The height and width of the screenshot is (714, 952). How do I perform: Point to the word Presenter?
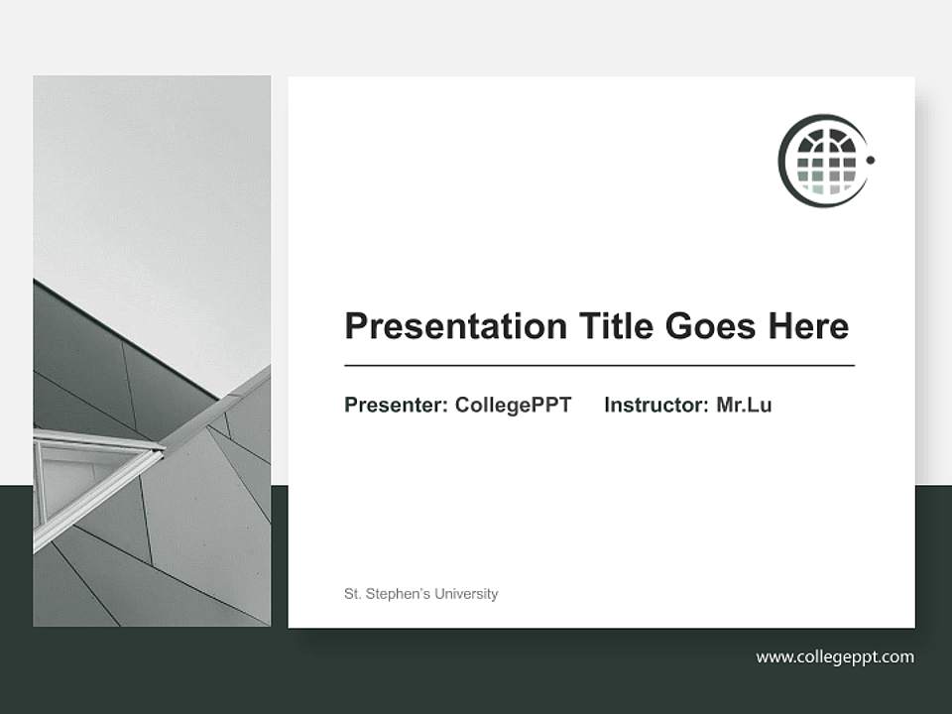pyautogui.click(x=396, y=405)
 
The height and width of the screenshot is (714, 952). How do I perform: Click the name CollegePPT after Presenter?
pyautogui.click(x=513, y=405)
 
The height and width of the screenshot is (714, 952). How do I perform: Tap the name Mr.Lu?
pyautogui.click(x=744, y=405)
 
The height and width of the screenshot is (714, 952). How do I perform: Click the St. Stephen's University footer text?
pyautogui.click(x=420, y=594)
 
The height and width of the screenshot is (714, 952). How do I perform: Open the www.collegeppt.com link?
pyautogui.click(x=834, y=656)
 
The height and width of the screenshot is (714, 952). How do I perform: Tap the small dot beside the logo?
pyautogui.click(x=871, y=159)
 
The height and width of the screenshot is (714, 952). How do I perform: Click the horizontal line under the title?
pyautogui.click(x=599, y=366)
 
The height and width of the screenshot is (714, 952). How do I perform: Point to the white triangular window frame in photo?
pyautogui.click(x=94, y=476)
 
